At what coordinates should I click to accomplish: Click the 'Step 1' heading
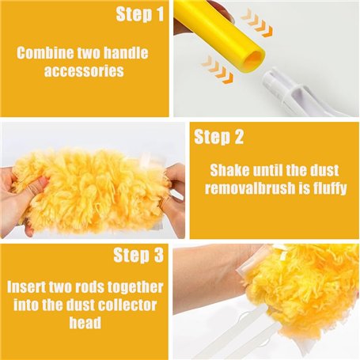140,14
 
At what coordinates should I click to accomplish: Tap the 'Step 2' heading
218,137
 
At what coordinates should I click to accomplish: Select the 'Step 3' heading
138,255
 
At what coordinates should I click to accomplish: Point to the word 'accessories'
84,70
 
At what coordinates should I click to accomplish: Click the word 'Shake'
229,170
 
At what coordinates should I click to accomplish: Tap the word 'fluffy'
330,189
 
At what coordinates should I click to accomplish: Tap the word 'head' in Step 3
85,323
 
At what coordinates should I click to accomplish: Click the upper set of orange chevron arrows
257,23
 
